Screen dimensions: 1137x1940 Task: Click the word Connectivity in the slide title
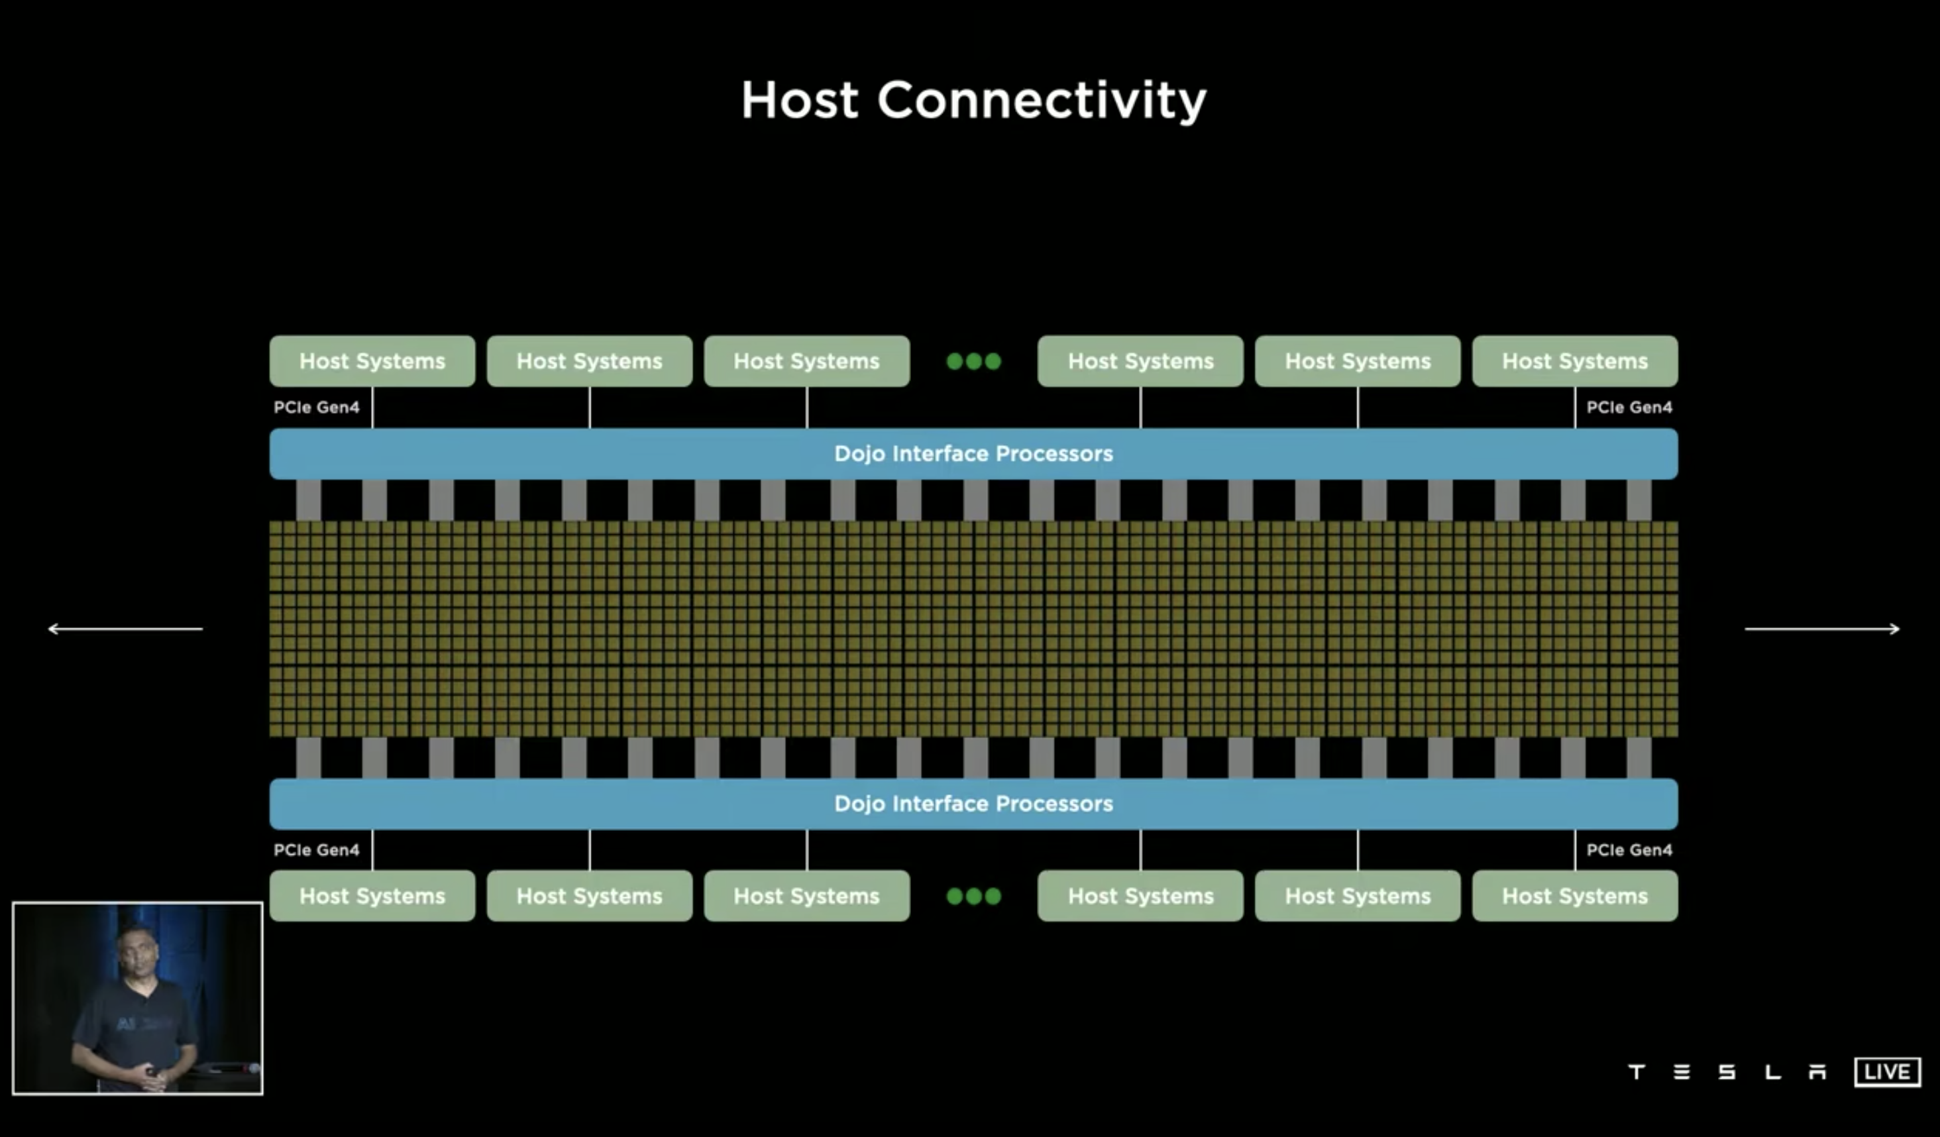tap(1042, 101)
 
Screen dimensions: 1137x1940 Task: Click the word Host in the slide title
tap(799, 101)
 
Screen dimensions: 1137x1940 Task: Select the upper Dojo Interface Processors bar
tap(973, 453)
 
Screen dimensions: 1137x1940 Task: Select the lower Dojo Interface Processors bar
tap(973, 804)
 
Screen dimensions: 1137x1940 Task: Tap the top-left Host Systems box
tap(372, 361)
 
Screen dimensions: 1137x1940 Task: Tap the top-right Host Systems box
tap(1574, 361)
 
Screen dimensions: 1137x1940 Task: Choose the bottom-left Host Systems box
tap(372, 896)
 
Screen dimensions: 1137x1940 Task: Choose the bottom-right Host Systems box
tap(1574, 896)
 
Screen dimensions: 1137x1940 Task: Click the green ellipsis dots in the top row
tap(973, 361)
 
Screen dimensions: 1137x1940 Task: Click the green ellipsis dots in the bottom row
tap(973, 896)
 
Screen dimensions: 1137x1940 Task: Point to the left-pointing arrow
tap(125, 629)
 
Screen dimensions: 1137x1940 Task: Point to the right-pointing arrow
tap(1822, 629)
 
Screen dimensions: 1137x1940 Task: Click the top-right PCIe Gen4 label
tap(1629, 407)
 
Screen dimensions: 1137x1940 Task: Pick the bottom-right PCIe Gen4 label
tap(1629, 850)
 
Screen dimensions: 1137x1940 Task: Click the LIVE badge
tap(1887, 1071)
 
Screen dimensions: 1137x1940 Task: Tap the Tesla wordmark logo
tap(1727, 1071)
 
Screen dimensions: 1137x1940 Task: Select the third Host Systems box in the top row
tap(806, 361)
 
